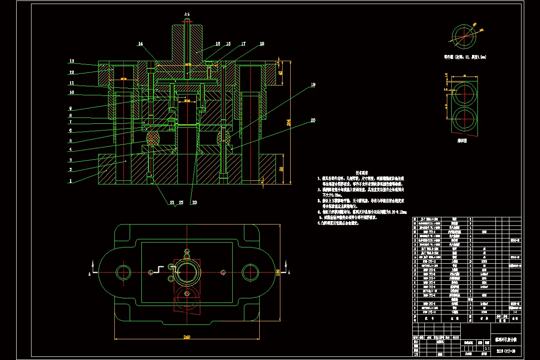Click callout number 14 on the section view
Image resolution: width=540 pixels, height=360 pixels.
(x=140, y=44)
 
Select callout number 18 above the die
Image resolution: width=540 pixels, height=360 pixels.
(x=262, y=44)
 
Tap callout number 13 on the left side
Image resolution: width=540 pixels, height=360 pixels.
(x=72, y=61)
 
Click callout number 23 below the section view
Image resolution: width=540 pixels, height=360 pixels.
(x=194, y=202)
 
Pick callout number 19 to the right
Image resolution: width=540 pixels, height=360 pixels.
(x=313, y=85)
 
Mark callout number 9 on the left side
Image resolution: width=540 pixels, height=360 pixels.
(x=71, y=108)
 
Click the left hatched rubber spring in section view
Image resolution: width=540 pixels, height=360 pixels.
(x=153, y=138)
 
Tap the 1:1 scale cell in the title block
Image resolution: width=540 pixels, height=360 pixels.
(x=486, y=347)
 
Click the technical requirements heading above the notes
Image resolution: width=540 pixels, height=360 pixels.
(x=362, y=172)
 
